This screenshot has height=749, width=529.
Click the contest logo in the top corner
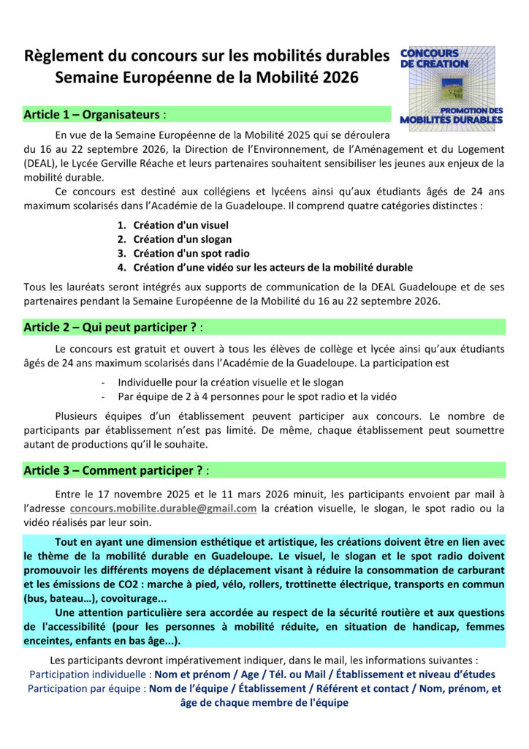tap(452, 89)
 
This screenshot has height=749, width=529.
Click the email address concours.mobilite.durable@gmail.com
tap(163, 508)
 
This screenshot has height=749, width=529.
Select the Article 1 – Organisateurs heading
tap(94, 115)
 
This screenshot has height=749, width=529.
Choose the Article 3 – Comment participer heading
tap(114, 470)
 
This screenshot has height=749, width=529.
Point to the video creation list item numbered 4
tap(273, 267)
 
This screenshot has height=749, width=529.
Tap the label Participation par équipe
tap(86, 688)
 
